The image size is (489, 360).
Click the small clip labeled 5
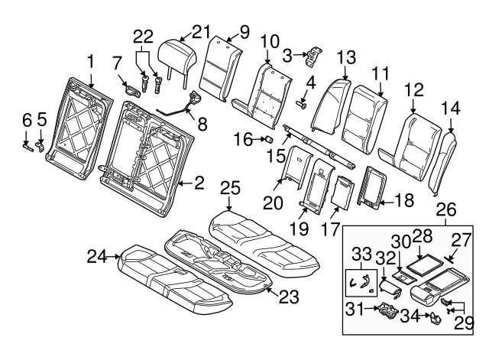[41, 142]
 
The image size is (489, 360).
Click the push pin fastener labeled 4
[303, 105]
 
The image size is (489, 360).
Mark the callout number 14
[454, 108]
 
